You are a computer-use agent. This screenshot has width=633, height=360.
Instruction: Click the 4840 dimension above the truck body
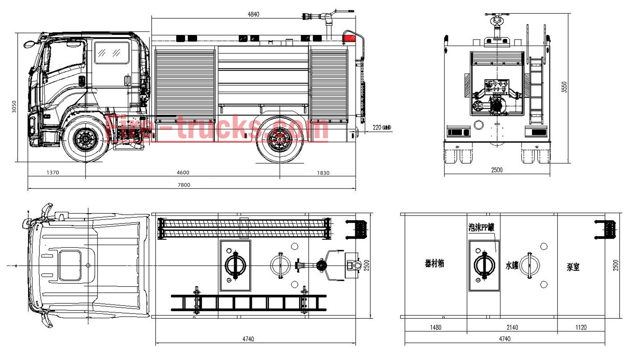tap(253, 14)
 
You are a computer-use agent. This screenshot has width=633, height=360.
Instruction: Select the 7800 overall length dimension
tap(184, 185)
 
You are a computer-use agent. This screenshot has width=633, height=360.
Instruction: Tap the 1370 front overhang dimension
tap(52, 173)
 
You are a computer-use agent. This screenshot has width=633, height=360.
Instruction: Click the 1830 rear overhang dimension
tap(323, 173)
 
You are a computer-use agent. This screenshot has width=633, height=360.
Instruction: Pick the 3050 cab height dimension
tap(14, 106)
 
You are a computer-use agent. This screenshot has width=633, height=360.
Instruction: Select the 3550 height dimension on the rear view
tap(564, 87)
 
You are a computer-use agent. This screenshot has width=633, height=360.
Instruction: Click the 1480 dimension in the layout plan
tap(436, 328)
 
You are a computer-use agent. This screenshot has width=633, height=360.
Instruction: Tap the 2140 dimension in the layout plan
tap(512, 328)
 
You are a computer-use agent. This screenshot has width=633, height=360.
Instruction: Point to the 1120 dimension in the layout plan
tap(581, 328)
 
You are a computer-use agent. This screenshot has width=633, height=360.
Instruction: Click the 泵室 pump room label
tap(573, 267)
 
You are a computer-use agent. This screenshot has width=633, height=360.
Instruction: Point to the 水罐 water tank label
tap(511, 265)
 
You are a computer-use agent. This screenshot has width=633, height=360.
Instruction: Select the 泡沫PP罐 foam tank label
tap(481, 227)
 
